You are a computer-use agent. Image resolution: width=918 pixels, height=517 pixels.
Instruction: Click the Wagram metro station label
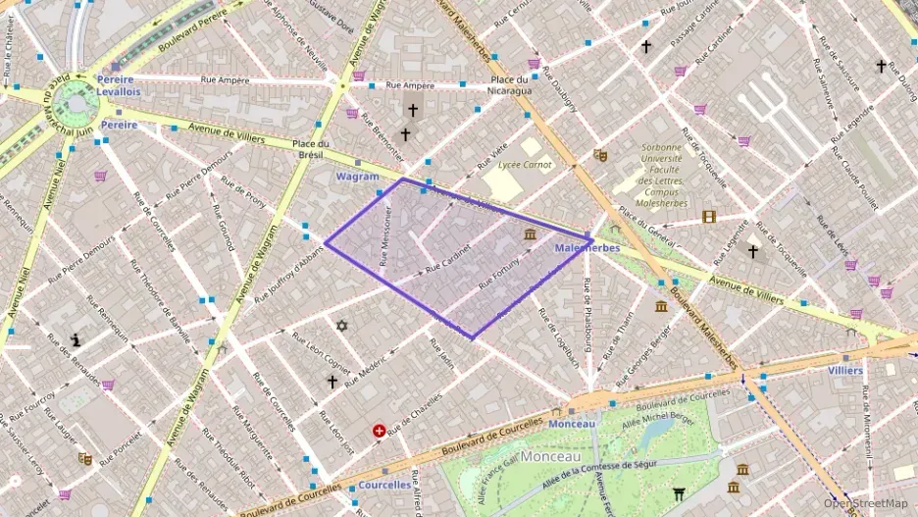click(357, 177)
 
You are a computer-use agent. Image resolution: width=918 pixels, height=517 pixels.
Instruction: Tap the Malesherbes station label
click(586, 249)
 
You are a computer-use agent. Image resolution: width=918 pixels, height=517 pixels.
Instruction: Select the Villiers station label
click(844, 371)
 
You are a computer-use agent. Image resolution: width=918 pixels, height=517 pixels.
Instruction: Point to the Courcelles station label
click(384, 485)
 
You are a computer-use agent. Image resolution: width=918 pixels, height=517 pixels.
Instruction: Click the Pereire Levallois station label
click(118, 84)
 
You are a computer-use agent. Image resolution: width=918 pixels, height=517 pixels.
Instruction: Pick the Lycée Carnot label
click(524, 165)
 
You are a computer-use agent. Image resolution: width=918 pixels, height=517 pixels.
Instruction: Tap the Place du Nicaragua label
click(511, 84)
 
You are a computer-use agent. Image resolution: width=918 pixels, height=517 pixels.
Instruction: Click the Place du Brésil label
click(309, 149)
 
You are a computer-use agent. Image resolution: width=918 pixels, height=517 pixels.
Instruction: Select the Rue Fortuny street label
click(505, 271)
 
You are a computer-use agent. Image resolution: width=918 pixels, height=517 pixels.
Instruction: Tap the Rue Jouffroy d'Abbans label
click(287, 274)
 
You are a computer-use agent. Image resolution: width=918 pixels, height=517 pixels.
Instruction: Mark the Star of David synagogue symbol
click(341, 326)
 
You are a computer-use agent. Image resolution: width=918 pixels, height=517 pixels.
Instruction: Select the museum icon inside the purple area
click(531, 233)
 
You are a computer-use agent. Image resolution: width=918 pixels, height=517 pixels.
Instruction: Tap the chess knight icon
click(76, 339)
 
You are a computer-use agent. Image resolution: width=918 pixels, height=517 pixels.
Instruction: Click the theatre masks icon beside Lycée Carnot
click(600, 155)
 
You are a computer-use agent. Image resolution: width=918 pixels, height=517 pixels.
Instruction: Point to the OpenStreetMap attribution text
click(865, 503)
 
